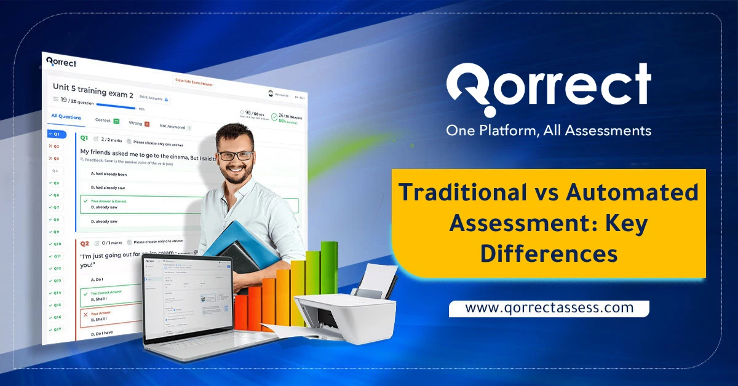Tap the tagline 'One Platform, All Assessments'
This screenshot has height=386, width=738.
(x=548, y=130)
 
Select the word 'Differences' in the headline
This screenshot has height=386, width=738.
(x=549, y=253)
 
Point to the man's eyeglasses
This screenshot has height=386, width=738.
(x=234, y=156)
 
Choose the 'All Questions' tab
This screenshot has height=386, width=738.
(x=66, y=117)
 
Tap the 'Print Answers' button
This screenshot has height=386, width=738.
(x=153, y=98)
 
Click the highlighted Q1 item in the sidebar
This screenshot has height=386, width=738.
(x=57, y=134)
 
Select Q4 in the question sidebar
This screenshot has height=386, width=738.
(x=55, y=170)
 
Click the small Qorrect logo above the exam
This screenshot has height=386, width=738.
(x=61, y=62)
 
